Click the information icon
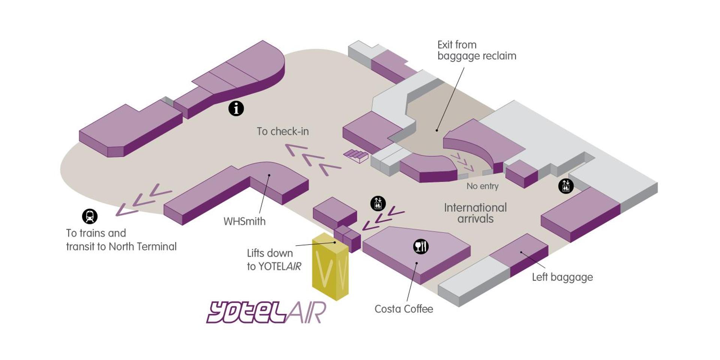(x=236, y=109)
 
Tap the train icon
(x=90, y=216)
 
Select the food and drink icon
(x=421, y=246)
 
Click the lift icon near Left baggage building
(x=566, y=186)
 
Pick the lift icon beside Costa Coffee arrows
(x=378, y=204)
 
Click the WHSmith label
(x=244, y=222)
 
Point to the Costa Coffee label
(x=404, y=309)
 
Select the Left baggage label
(x=562, y=277)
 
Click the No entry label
(x=482, y=186)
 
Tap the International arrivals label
(x=475, y=213)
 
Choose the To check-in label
(x=283, y=132)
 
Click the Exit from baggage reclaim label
(x=477, y=50)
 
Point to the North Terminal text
(x=142, y=247)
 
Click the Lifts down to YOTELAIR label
(x=274, y=259)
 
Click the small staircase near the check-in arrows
(x=356, y=155)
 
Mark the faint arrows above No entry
(x=462, y=162)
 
